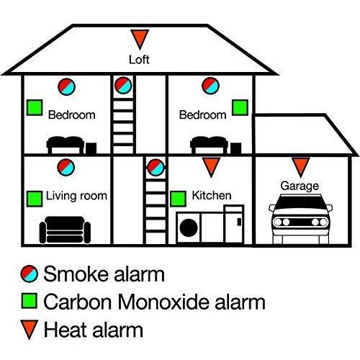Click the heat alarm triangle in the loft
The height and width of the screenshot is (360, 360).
tap(140, 38)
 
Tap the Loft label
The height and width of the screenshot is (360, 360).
tap(139, 60)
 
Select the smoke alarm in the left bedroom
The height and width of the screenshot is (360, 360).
tap(67, 86)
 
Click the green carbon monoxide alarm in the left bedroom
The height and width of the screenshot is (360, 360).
tap(35, 107)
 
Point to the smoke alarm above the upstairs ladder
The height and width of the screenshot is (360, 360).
tap(123, 86)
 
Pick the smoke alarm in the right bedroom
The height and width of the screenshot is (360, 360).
tap(211, 86)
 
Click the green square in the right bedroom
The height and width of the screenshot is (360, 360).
tap(240, 107)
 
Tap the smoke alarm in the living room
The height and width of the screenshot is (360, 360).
tap(66, 167)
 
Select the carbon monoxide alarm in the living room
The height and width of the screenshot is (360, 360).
tap(35, 199)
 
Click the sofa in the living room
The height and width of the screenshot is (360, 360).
tap(65, 230)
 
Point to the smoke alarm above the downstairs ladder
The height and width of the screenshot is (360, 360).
tap(156, 168)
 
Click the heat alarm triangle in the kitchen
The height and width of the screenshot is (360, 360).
tap(211, 167)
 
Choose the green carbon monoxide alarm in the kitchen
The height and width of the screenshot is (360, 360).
tap(178, 199)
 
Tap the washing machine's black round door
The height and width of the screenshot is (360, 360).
tap(189, 228)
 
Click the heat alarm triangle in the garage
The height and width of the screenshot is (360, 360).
tap(301, 167)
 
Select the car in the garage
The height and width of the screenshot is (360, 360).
tap(300, 219)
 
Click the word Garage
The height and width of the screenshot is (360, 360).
tap(300, 186)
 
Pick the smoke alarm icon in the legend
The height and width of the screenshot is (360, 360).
tap(30, 274)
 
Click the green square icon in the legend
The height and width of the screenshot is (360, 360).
tap(30, 300)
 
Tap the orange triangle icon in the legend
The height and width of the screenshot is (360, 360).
tap(30, 329)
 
